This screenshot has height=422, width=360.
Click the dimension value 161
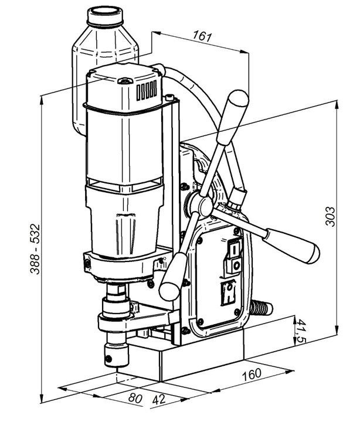coord(202,36)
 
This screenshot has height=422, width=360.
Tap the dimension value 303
coord(330,216)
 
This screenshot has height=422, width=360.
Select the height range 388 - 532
coord(35,249)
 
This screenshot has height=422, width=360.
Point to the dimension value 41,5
coord(301,331)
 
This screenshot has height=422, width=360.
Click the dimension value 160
coord(252,375)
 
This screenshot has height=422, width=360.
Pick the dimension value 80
coord(135,398)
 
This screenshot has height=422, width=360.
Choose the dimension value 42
coord(159,399)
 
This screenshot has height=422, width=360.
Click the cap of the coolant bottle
coord(106,16)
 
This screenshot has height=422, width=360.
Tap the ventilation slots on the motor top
coord(147,90)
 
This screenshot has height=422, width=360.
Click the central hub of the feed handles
coord(205,206)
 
